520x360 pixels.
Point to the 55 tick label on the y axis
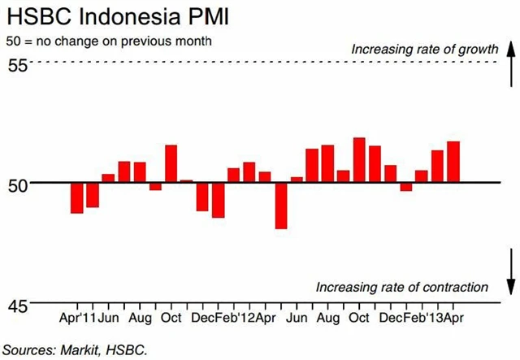click(x=17, y=66)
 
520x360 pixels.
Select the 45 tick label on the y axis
click(x=17, y=306)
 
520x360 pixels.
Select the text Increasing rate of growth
click(x=424, y=50)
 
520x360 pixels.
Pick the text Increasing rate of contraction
click(x=402, y=287)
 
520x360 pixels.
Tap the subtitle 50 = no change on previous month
click(x=110, y=41)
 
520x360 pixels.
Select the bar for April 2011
click(x=77, y=197)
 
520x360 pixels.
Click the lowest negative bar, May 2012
click(x=281, y=205)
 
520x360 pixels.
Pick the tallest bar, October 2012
click(x=359, y=160)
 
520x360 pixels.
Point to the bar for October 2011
click(x=171, y=163)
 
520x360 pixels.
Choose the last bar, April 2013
click(x=453, y=162)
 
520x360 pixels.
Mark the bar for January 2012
click(x=218, y=200)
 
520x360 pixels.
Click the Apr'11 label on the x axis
click(x=79, y=317)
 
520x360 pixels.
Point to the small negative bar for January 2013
click(x=406, y=187)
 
